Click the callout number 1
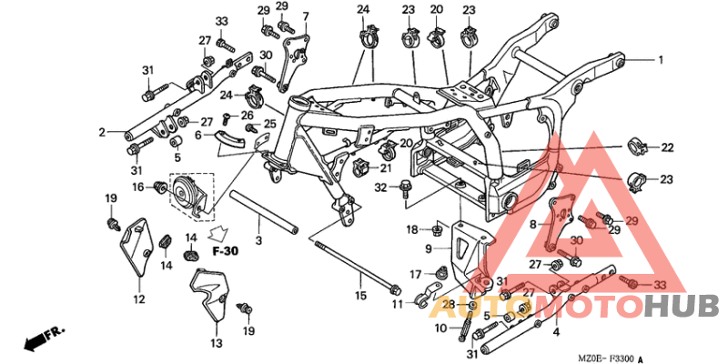pos(662,60)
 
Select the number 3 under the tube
pos(258,240)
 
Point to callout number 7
pos(306,16)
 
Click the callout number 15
pos(359,296)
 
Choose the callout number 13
pos(216,343)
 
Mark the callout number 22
pos(667,147)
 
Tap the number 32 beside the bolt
pos(383,187)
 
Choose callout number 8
pos(533,222)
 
